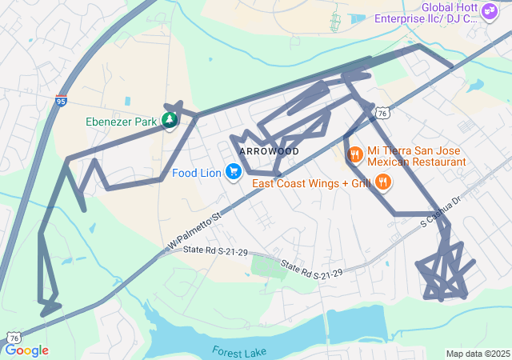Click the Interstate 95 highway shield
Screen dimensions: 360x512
tap(62, 101)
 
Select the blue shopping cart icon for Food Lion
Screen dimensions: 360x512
tap(234, 172)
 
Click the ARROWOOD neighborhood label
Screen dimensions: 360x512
tap(269, 151)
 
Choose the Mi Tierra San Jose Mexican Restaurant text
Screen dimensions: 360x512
tap(417, 156)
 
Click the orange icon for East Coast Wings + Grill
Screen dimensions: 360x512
tap(384, 182)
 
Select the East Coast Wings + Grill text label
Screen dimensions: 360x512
tap(311, 183)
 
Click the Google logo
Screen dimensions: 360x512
tap(26, 350)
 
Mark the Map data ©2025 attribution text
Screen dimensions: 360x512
tap(477, 354)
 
